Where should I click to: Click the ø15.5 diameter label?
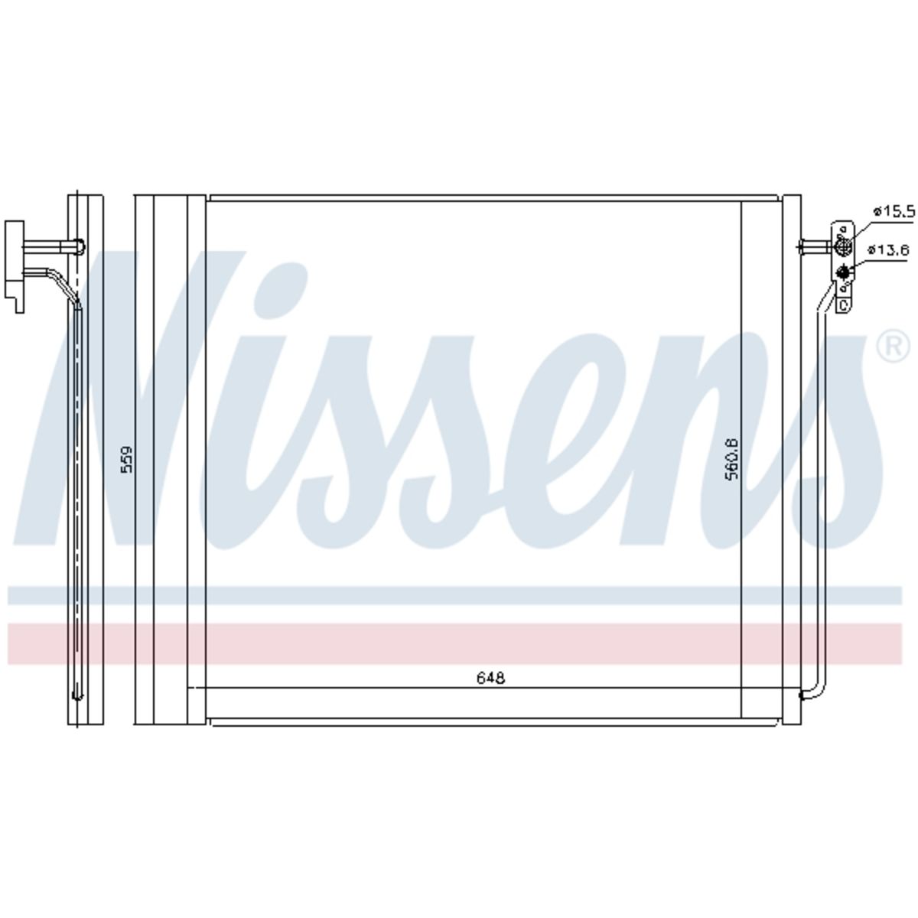point(894,210)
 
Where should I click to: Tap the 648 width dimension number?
point(490,678)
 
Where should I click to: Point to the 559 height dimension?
point(127,459)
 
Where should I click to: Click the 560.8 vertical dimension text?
point(731,458)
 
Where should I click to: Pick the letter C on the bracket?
point(843,305)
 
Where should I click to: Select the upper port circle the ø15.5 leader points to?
point(843,246)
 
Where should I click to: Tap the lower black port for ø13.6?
point(845,272)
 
